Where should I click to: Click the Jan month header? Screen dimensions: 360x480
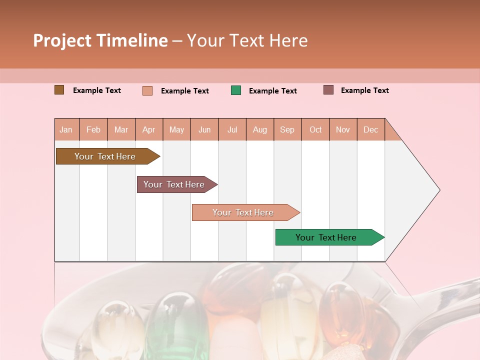pyautogui.click(x=66, y=129)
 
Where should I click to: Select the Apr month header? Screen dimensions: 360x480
pyautogui.click(x=149, y=129)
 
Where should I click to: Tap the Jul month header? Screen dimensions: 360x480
pyautogui.click(x=232, y=129)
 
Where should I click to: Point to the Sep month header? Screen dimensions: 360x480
pyautogui.click(x=287, y=129)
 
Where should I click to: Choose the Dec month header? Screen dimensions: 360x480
pyautogui.click(x=370, y=129)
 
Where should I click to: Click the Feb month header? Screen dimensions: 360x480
pyautogui.click(x=93, y=129)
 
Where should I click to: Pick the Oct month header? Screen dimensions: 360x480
pyautogui.click(x=315, y=129)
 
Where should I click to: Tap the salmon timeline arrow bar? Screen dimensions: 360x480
pyautogui.click(x=243, y=212)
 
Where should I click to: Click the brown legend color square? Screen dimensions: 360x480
pyautogui.click(x=59, y=90)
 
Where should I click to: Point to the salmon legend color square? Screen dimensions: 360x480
pyautogui.click(x=147, y=90)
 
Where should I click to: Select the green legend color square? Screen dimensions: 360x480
pyautogui.click(x=236, y=90)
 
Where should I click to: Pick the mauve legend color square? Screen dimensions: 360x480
pyautogui.click(x=328, y=90)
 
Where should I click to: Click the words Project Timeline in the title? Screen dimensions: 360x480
pyautogui.click(x=100, y=40)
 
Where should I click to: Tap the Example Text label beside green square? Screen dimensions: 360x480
pyautogui.click(x=272, y=91)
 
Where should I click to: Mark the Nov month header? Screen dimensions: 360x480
pyautogui.click(x=343, y=129)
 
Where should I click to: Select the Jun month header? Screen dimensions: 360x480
pyautogui.click(x=204, y=129)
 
